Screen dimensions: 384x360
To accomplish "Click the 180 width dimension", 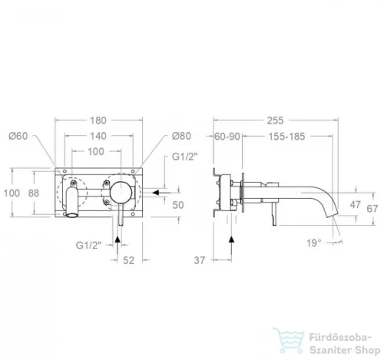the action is tap(98, 121).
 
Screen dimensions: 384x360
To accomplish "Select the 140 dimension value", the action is tap(98, 136).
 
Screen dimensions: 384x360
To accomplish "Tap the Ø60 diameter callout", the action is tap(18, 136).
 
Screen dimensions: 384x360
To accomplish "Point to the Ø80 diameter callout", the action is tap(181, 136).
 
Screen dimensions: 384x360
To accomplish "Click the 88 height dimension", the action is tap(34, 193).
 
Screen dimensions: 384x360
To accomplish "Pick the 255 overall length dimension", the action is tap(276, 121).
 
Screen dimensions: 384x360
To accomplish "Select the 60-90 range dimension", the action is tap(227, 137).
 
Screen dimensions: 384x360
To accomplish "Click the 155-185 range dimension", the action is tap(286, 137).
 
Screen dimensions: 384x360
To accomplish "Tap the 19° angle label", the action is tap(314, 243).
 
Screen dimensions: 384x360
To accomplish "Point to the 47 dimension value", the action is tap(356, 205).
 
